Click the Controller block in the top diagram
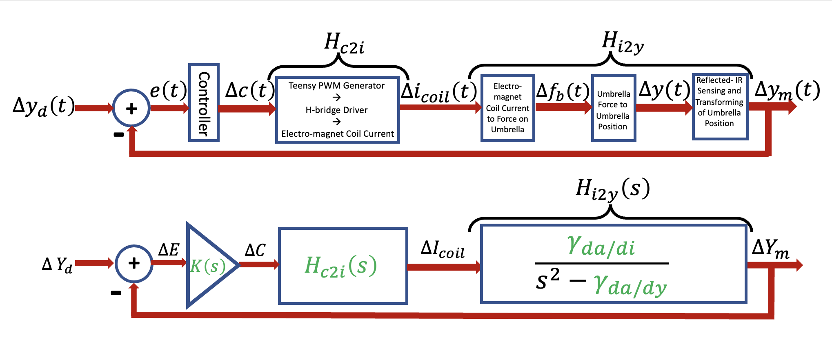click(204, 103)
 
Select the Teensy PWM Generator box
click(337, 110)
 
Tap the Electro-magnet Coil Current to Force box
click(507, 108)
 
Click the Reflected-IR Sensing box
click(720, 107)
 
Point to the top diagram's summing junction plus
click(131, 109)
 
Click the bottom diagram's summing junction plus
click(134, 263)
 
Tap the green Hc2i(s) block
click(342, 266)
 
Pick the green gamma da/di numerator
click(601, 246)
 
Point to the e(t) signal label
click(168, 90)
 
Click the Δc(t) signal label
click(250, 90)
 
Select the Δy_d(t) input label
click(44, 106)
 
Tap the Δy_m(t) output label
click(787, 91)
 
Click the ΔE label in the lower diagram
click(169, 250)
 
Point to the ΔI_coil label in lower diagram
click(443, 249)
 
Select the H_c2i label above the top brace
click(344, 43)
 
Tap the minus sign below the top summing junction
click(119, 135)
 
